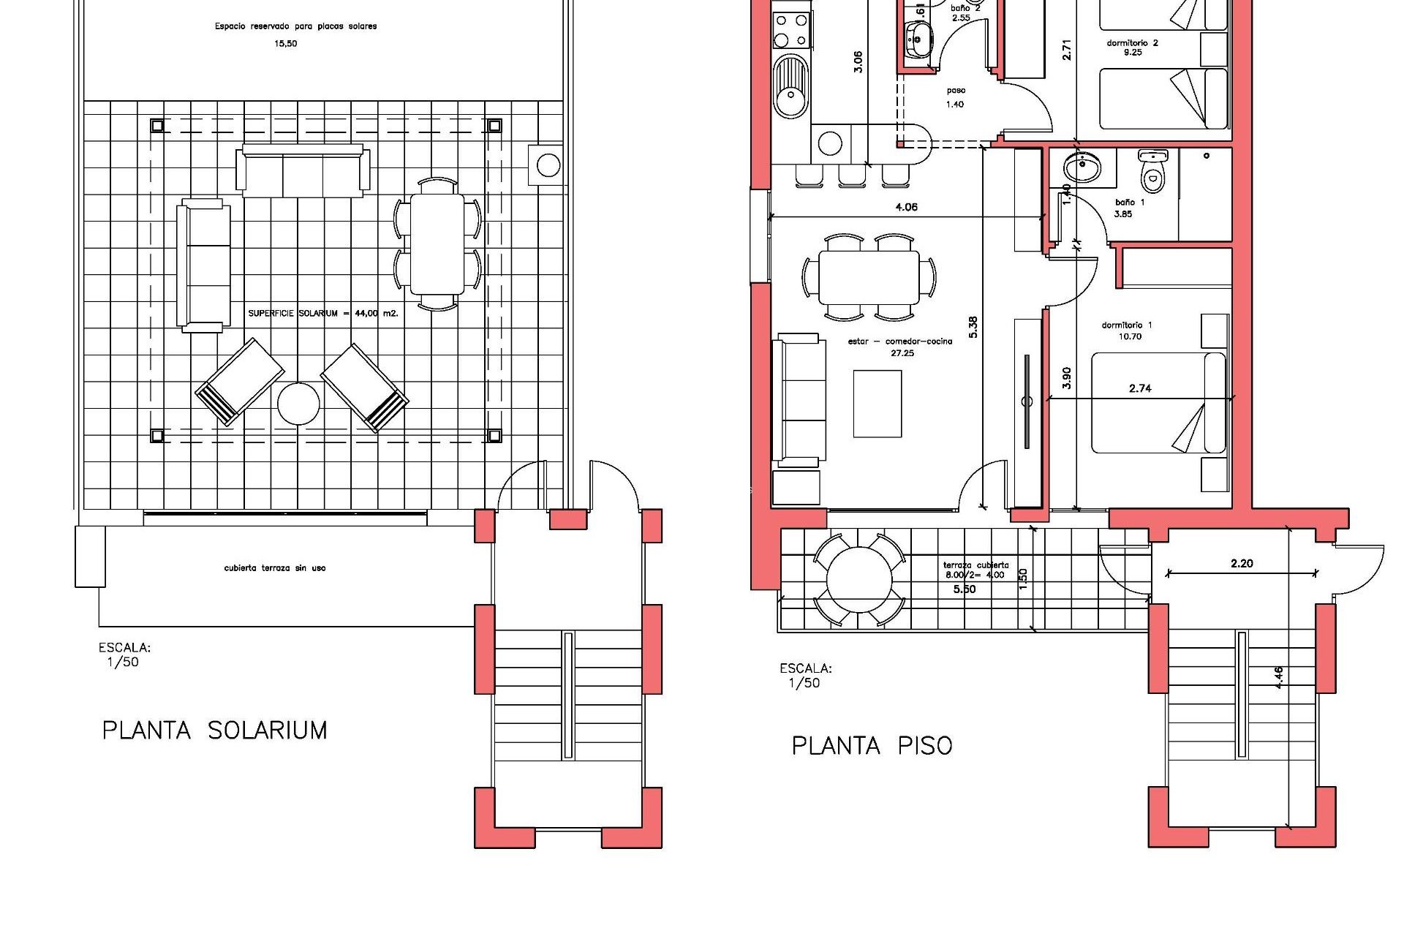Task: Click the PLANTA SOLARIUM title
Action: coord(214,731)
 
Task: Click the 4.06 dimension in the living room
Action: coord(906,208)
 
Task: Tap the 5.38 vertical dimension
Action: coord(973,327)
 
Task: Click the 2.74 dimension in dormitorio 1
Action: coord(1140,389)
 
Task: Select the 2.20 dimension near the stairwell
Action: coord(1242,564)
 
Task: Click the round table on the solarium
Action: coord(298,404)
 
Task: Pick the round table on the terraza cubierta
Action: coord(859,581)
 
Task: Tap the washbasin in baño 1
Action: coord(1081,169)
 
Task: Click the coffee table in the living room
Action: coord(877,404)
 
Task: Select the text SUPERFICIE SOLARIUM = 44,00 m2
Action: coord(322,314)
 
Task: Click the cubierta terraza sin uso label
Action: coord(275,568)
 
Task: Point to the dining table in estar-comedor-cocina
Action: coord(868,278)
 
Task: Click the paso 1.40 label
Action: coord(955,97)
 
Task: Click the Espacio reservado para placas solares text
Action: coord(295,27)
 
